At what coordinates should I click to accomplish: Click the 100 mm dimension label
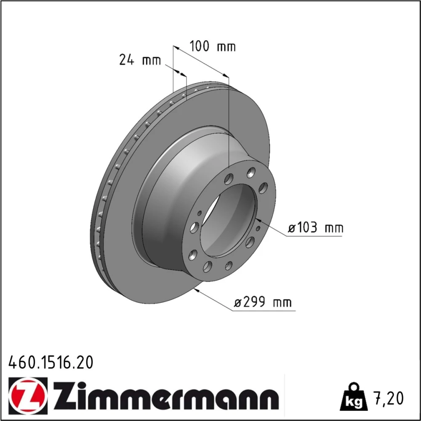[213, 46]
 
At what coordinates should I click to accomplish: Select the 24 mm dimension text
[140, 60]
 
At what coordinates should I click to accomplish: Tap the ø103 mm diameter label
[315, 228]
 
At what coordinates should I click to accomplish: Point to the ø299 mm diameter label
[263, 302]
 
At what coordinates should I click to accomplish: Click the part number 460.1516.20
[51, 362]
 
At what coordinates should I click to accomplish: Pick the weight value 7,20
[389, 398]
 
